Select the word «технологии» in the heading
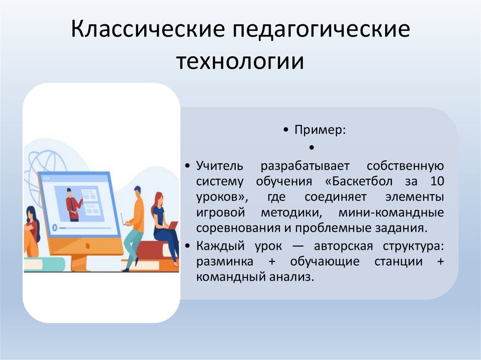click(240, 61)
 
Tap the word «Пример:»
click(320, 130)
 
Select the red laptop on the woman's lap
click(171, 226)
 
